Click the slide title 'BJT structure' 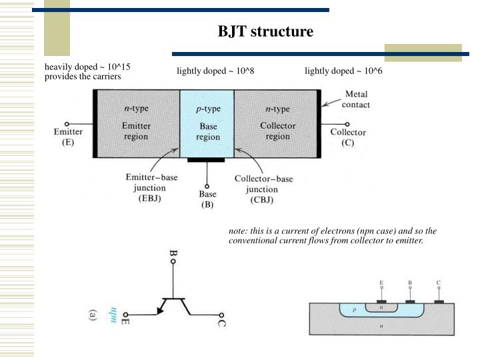(x=265, y=31)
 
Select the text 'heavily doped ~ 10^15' (x=87, y=67)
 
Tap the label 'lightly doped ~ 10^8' (x=215, y=71)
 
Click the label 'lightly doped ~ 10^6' (x=343, y=71)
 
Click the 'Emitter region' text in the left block (x=136, y=131)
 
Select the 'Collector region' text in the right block (x=277, y=131)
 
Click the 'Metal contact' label (x=356, y=100)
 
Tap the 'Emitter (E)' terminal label (x=68, y=137)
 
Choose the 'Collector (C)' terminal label (x=348, y=137)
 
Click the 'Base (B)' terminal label (x=207, y=199)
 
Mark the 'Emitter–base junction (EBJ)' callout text (x=153, y=188)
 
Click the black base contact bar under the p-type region (x=207, y=160)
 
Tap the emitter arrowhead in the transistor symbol (x=161, y=309)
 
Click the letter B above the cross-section (x=410, y=283)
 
